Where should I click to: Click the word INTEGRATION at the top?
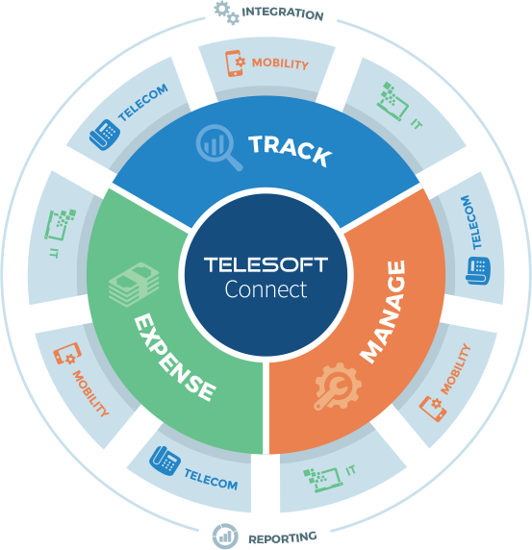tap(283, 13)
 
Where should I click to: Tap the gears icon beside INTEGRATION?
tap(227, 12)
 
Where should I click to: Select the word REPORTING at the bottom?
tap(283, 537)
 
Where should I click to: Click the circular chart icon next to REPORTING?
tap(225, 537)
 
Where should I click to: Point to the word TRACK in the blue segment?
tap(291, 150)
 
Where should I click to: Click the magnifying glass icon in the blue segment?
tap(219, 147)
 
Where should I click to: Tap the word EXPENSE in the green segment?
tap(175, 358)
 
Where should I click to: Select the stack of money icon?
tap(134, 284)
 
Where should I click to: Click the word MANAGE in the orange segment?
tap(383, 312)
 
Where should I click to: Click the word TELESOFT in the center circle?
tap(266, 264)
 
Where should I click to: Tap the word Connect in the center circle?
tap(266, 289)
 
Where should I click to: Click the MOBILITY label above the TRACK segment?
tap(280, 63)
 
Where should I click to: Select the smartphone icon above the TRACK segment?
tap(235, 63)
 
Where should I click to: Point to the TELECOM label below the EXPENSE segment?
tap(211, 479)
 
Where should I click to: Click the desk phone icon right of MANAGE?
tap(478, 270)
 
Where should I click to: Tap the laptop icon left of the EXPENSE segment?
tap(60, 225)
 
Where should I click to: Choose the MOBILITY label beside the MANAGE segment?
tap(455, 369)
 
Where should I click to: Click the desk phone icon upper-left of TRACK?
tap(105, 135)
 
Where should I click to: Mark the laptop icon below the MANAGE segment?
tap(323, 480)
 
